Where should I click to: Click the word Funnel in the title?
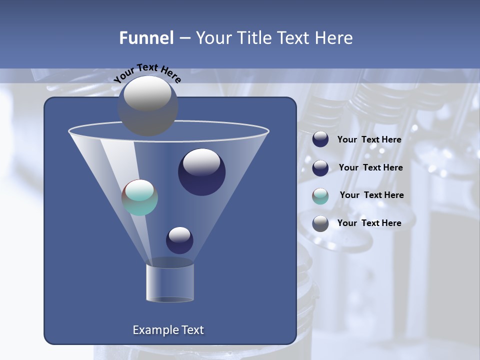(x=146, y=38)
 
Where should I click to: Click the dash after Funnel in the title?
(x=184, y=38)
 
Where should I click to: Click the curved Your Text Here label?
(x=147, y=73)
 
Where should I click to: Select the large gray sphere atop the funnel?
(x=147, y=105)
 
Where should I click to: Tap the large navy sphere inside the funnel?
(x=201, y=172)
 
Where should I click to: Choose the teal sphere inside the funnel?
(x=140, y=197)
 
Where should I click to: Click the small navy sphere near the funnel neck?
(x=179, y=240)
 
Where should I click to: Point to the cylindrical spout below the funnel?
(x=170, y=282)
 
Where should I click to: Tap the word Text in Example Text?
(x=192, y=330)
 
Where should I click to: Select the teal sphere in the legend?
(x=320, y=196)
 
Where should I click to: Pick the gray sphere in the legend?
(x=320, y=223)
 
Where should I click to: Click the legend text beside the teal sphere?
(x=371, y=195)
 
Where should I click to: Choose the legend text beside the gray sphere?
(x=369, y=223)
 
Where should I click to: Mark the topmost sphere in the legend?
(x=320, y=139)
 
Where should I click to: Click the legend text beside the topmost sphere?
(x=369, y=139)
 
